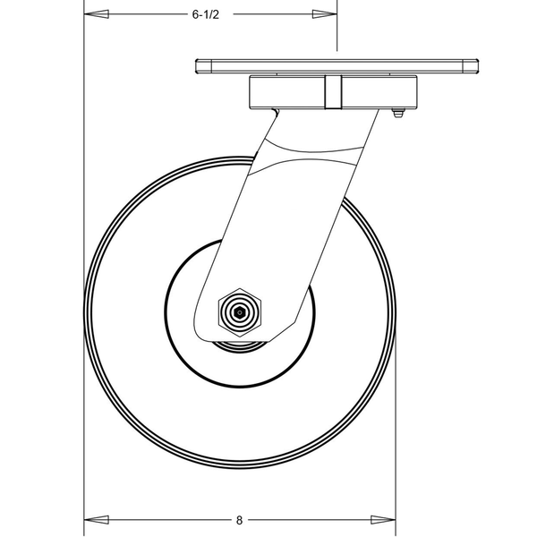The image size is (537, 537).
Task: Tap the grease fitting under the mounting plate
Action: tap(398, 113)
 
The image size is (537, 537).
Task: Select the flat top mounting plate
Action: tap(337, 66)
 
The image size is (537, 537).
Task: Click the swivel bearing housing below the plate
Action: tap(286, 92)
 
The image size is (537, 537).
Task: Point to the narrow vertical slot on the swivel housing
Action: tap(332, 92)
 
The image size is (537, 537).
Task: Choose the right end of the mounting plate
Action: tap(473, 66)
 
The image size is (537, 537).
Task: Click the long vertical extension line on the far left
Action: tap(83, 268)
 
